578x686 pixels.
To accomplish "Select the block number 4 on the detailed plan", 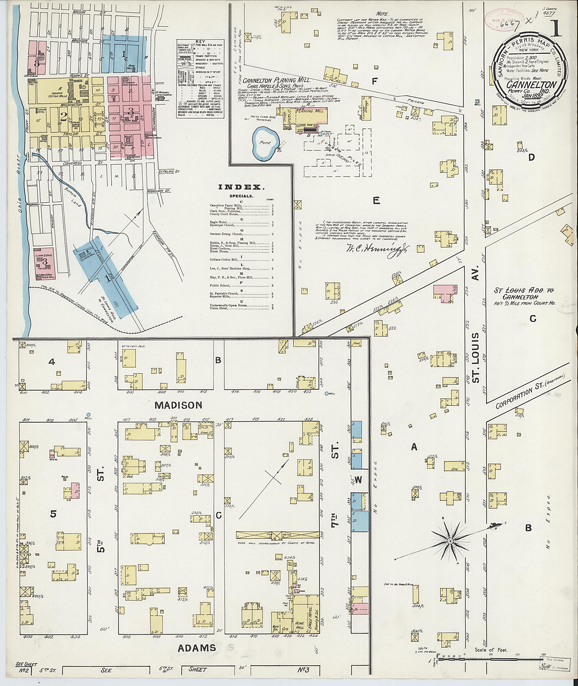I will (51, 362).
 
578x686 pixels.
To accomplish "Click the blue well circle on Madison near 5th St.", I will (88, 415).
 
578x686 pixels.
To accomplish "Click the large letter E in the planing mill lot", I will (376, 201).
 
